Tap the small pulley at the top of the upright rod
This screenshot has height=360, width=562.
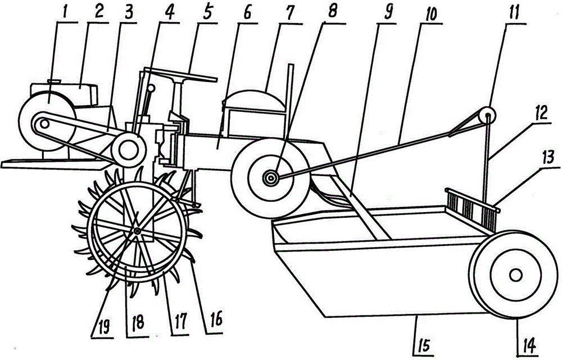point(488,115)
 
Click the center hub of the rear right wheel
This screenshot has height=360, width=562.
point(516,275)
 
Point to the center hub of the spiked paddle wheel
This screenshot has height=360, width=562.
point(137,232)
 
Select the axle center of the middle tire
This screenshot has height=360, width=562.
point(270,178)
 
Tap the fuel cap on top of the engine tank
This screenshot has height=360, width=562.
point(54,82)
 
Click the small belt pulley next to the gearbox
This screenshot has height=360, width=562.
point(128,150)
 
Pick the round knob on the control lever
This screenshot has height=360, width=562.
point(151,88)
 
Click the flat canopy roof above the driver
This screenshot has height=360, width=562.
point(180,74)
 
